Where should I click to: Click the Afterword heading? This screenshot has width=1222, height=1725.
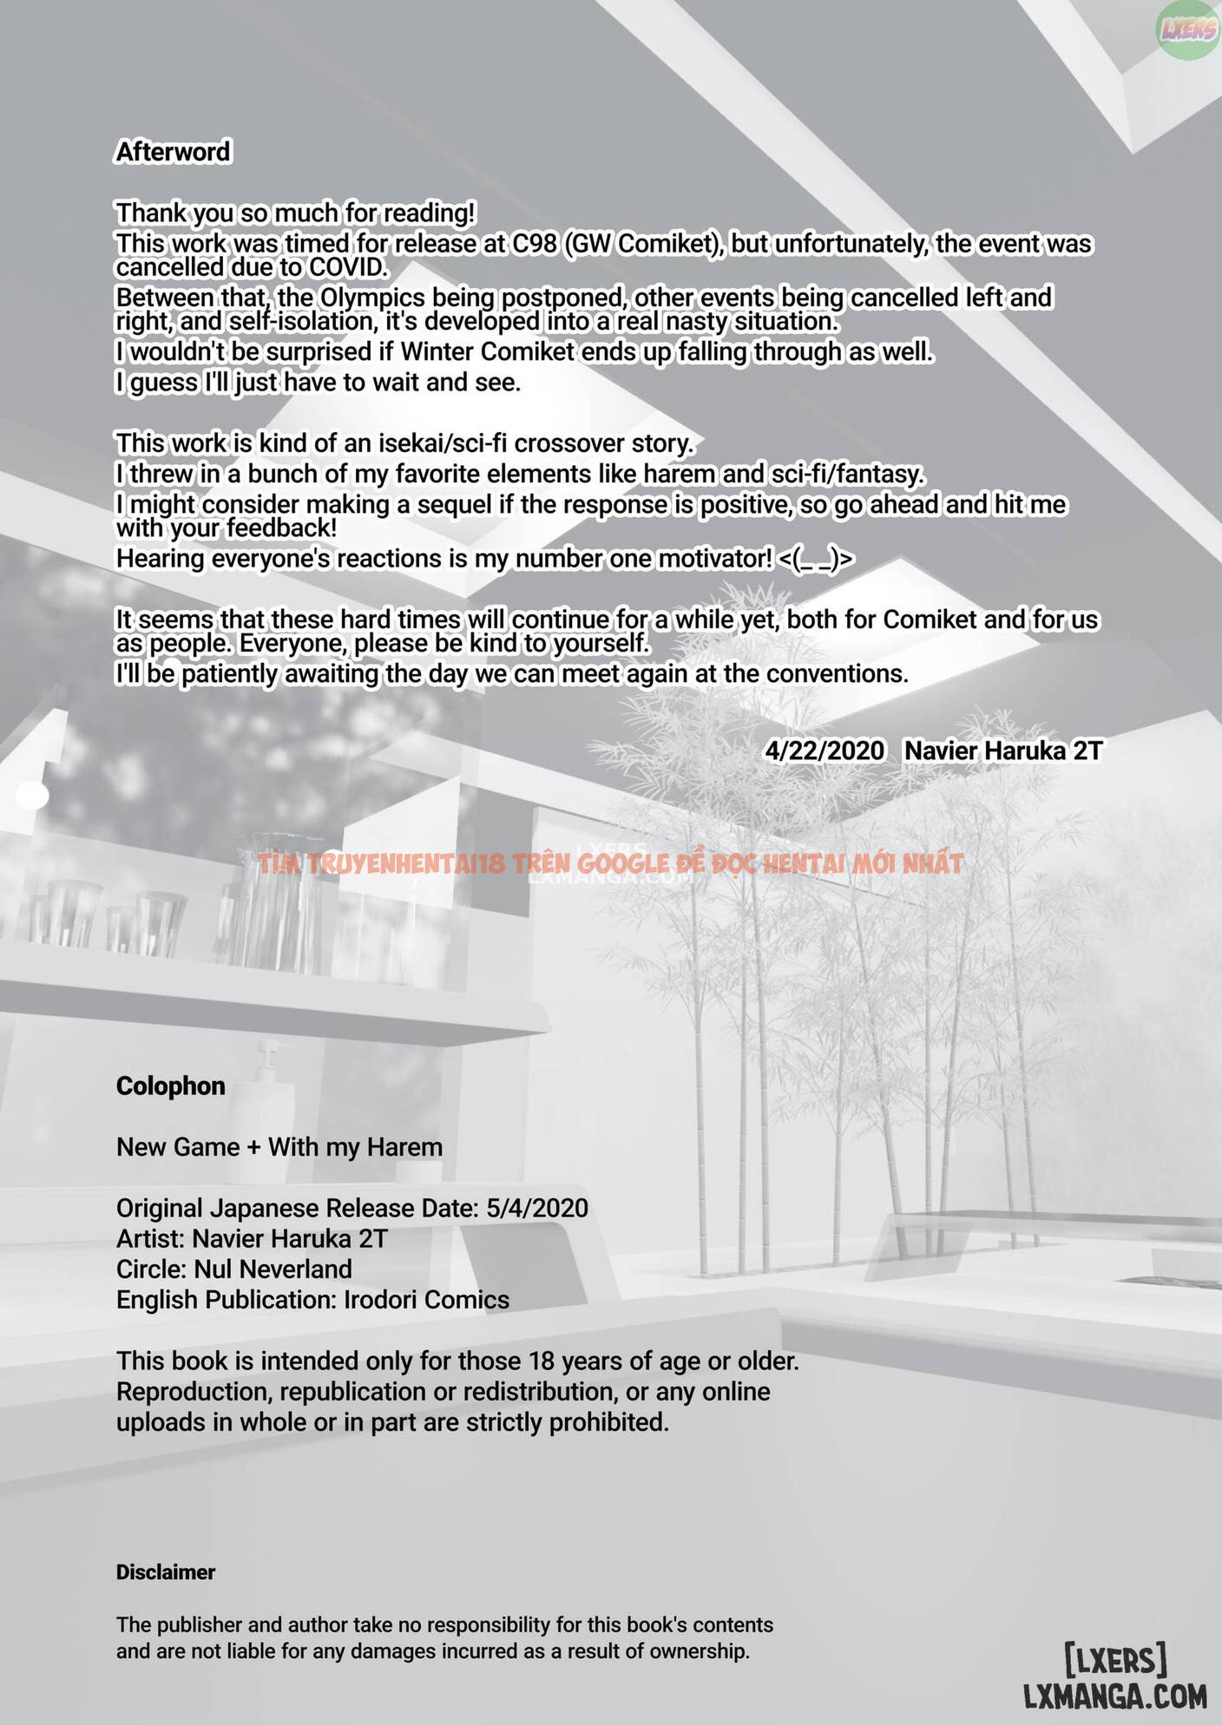pos(174,152)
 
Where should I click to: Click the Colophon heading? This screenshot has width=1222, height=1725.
pos(171,1086)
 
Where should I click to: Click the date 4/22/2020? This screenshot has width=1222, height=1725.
pos(825,751)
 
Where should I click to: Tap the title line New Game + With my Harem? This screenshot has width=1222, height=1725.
pos(279,1147)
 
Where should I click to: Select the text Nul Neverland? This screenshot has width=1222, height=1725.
pos(273,1269)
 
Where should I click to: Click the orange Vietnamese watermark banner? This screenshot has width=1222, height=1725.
pos(610,863)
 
